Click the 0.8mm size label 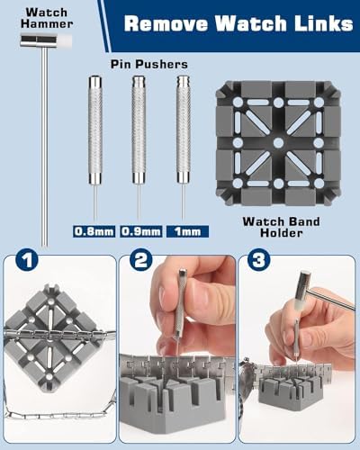coord(94,231)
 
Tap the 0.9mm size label coord(141,231)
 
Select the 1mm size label coord(188,231)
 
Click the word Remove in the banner coord(166,23)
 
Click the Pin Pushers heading coord(149,64)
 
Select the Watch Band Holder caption coord(281,227)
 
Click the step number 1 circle coord(27,260)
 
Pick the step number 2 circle coord(141,260)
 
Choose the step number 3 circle coord(258,260)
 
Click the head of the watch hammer coord(46,41)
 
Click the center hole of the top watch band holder coord(278,143)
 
